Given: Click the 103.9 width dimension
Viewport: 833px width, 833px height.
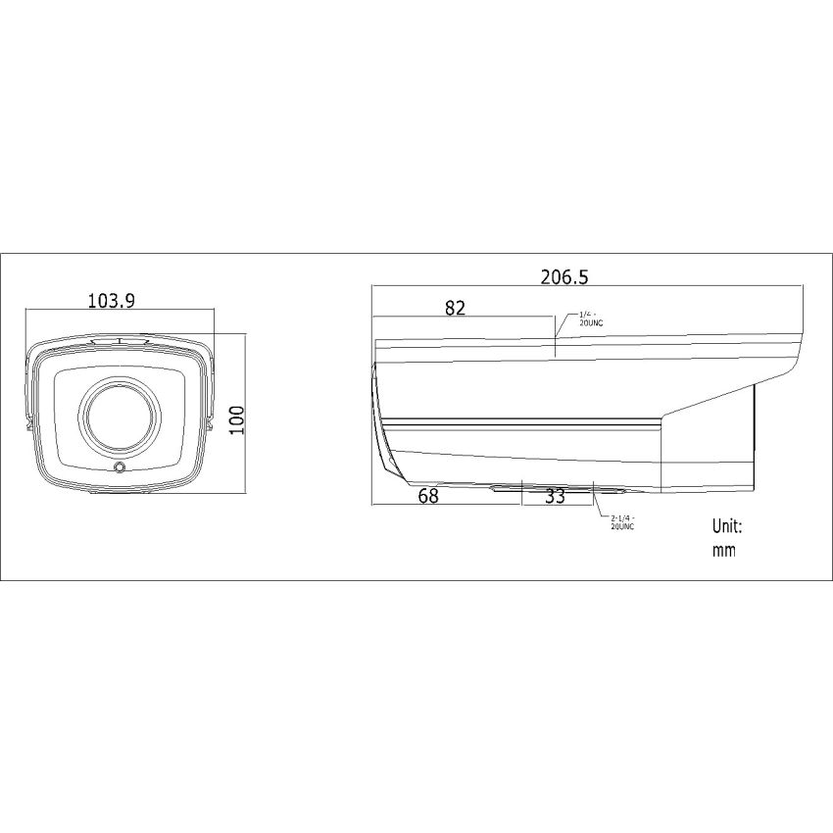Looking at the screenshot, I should (111, 301).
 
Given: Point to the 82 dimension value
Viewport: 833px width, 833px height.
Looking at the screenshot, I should (454, 308).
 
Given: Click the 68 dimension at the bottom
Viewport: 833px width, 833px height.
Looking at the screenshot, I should (428, 496).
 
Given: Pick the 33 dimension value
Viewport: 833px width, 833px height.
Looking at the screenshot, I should (555, 497).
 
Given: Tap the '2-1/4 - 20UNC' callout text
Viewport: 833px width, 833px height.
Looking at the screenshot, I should (623, 522).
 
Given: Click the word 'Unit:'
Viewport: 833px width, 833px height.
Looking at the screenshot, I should (727, 526).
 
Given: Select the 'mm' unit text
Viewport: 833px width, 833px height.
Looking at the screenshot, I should (723, 551).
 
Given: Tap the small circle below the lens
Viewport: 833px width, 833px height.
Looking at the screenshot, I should (120, 468).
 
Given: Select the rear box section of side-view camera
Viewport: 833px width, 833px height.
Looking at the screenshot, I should (708, 441).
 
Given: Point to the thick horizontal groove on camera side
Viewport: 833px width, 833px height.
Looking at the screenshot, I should (519, 422).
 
